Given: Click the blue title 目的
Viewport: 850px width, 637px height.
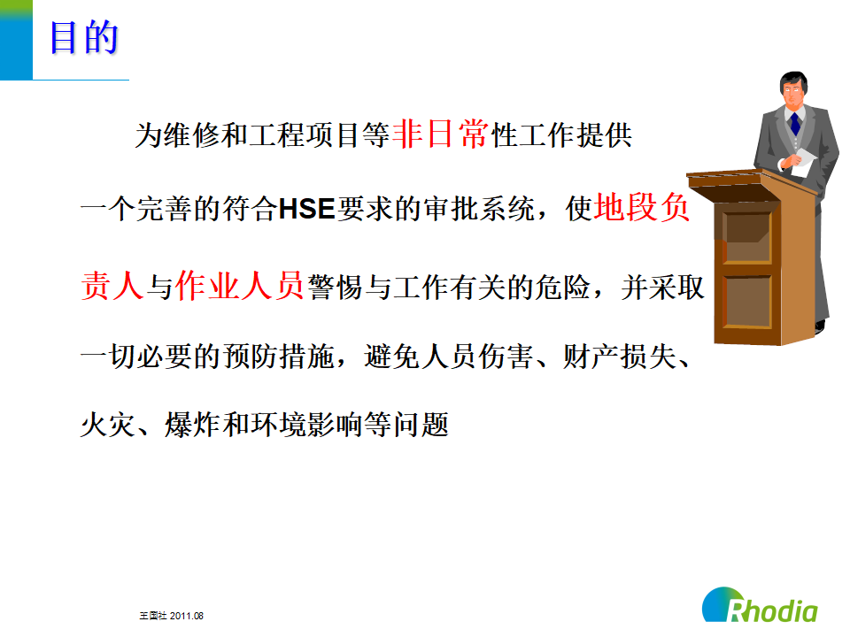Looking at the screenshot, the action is pyautogui.click(x=84, y=37).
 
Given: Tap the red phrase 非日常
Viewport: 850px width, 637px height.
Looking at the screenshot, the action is pyautogui.click(x=440, y=134).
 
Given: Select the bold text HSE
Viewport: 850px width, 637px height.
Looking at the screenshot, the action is pyautogui.click(x=306, y=209).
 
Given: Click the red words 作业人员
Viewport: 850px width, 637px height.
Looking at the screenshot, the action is pyautogui.click(x=239, y=285).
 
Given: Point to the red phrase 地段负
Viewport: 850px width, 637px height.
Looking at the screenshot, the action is pyautogui.click(x=642, y=207).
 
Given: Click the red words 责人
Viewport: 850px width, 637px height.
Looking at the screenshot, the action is pyautogui.click(x=112, y=286).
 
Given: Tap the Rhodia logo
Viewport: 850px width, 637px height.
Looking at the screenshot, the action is pyautogui.click(x=760, y=605).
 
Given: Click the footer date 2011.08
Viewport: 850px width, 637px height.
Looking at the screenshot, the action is pyautogui.click(x=187, y=616).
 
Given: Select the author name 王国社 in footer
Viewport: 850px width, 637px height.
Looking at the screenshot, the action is pyautogui.click(x=153, y=616).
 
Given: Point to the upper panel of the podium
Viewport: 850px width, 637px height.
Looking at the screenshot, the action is pyautogui.click(x=747, y=237).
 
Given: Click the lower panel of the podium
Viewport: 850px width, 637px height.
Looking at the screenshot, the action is pyautogui.click(x=747, y=301).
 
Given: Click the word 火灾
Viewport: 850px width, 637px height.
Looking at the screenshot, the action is pyautogui.click(x=108, y=424).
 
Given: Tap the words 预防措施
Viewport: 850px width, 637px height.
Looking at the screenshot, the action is pyautogui.click(x=278, y=357).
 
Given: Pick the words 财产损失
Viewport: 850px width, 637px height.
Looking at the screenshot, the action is pyautogui.click(x=619, y=357).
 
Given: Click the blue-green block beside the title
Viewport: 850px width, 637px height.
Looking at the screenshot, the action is pyautogui.click(x=16, y=40).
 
